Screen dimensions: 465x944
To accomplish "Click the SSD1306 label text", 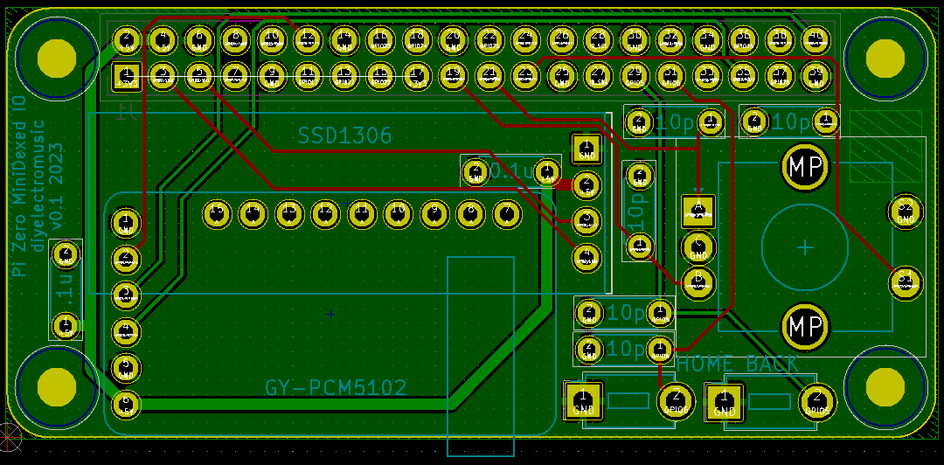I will tap(344, 135).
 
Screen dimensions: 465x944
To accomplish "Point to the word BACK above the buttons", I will tap(771, 364).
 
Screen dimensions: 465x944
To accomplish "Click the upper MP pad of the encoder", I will tap(804, 166).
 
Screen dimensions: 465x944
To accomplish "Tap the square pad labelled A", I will tap(698, 210).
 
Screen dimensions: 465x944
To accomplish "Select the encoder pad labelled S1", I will tap(905, 281).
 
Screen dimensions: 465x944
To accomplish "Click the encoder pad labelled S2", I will tap(905, 211).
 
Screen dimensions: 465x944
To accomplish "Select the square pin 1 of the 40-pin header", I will tap(128, 74).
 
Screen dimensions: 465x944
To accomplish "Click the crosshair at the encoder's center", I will tap(804, 247).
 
